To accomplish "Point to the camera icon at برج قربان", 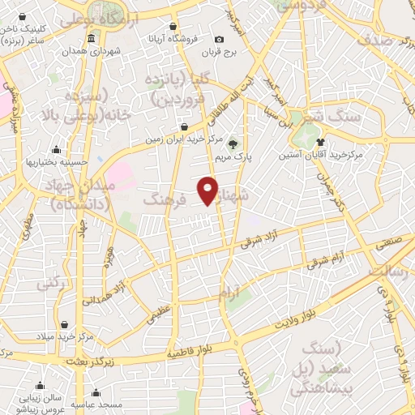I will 219,40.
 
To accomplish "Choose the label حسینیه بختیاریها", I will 56,161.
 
